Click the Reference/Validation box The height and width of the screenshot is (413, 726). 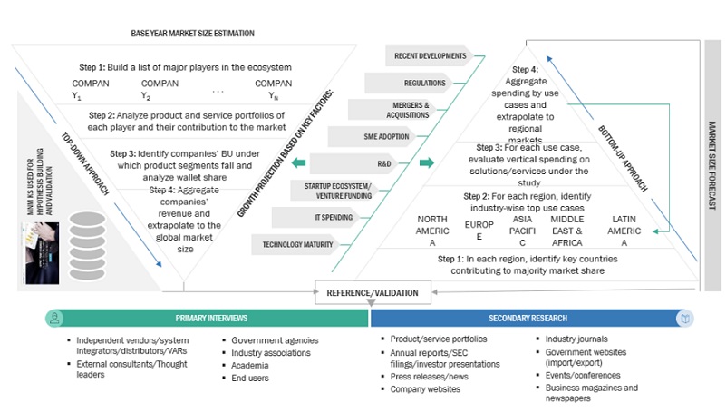(373, 292)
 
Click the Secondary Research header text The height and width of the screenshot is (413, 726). (528, 319)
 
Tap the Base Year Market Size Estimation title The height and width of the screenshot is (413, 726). (193, 34)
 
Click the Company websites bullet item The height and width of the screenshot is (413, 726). (425, 389)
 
